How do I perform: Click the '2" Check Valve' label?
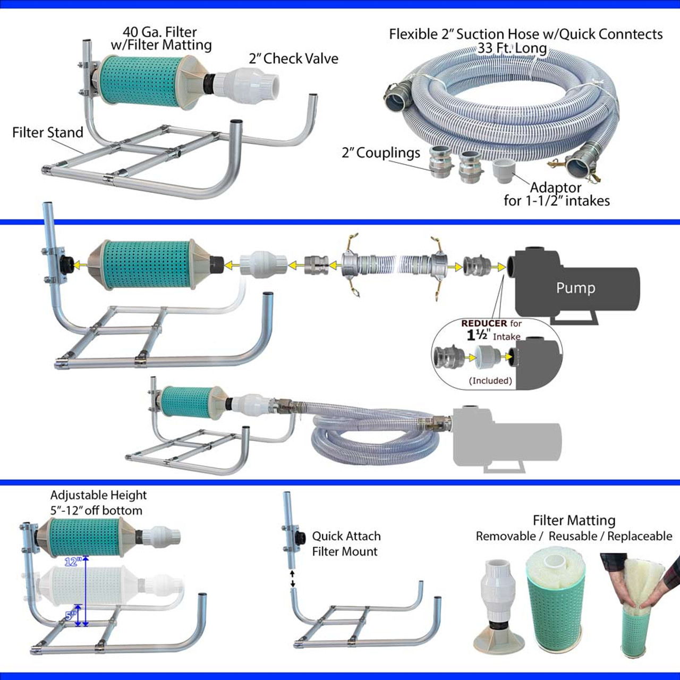(293, 58)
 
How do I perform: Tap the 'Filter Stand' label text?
(48, 132)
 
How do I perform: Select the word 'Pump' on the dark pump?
(575, 288)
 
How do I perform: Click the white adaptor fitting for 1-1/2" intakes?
(505, 169)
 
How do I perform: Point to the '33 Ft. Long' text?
(512, 48)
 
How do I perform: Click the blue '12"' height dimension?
(73, 562)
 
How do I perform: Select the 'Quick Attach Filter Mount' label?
(346, 543)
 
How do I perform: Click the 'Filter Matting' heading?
(574, 520)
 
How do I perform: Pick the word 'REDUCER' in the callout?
(484, 323)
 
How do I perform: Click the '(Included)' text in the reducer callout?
(490, 380)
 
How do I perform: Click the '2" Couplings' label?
(380, 153)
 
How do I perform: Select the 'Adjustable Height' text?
(98, 495)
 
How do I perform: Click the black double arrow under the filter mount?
(292, 579)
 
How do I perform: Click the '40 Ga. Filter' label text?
(160, 32)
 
